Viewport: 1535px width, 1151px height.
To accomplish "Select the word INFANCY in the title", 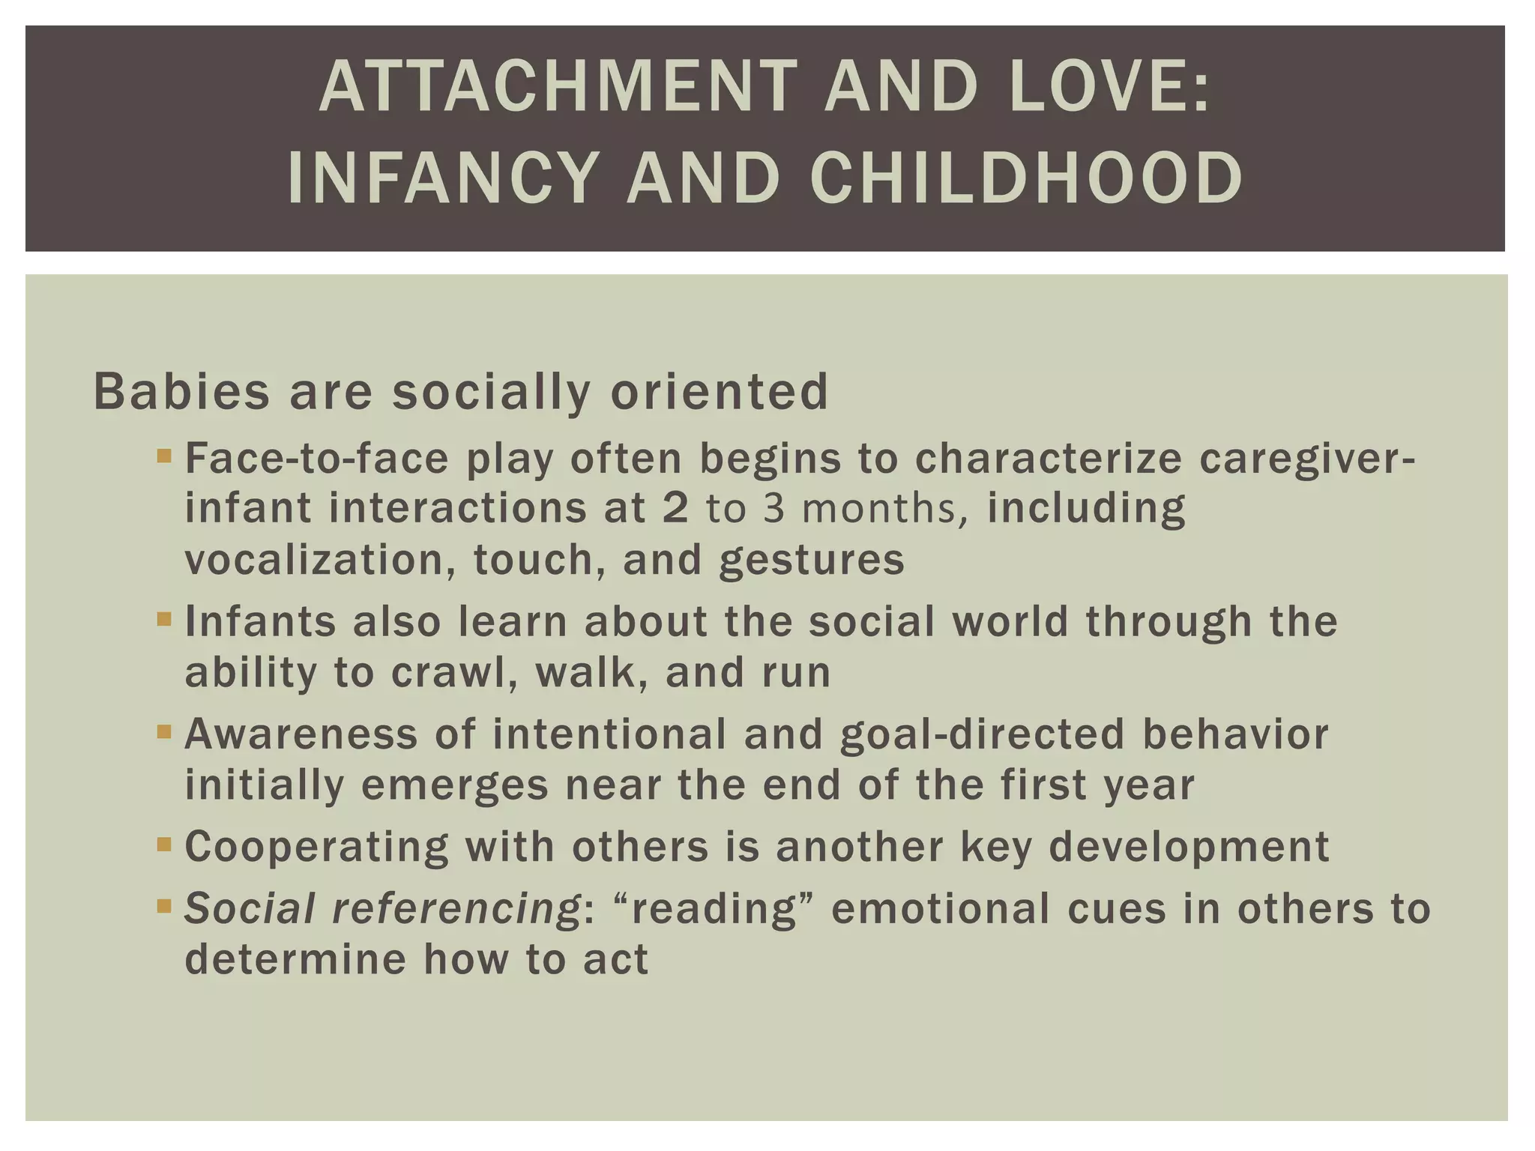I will point(443,178).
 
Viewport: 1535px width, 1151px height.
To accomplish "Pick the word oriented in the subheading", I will point(720,391).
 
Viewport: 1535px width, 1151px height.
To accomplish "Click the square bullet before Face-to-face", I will point(165,454).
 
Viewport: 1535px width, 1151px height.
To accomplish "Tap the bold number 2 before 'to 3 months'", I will point(675,508).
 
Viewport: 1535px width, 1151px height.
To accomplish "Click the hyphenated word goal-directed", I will point(983,734).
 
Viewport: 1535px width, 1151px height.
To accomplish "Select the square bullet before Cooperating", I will point(165,845).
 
